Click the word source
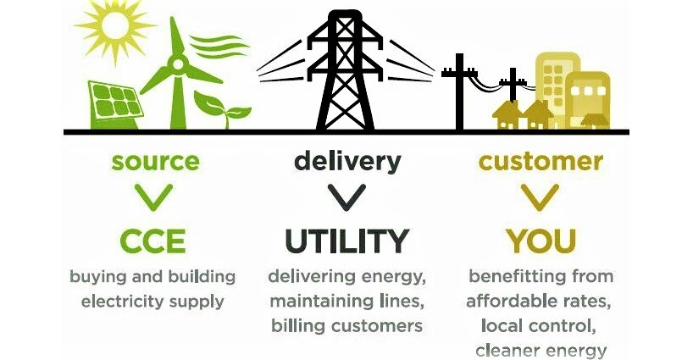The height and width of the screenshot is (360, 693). pos(155,160)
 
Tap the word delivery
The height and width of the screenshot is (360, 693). pos(347,160)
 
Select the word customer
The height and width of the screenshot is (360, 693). pos(541,160)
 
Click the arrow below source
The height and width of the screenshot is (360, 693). pos(155,197)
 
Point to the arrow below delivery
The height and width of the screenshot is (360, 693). pos(347,197)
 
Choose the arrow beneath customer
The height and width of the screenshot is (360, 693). pos(541,197)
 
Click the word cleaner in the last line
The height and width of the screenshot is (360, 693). pos(505,350)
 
